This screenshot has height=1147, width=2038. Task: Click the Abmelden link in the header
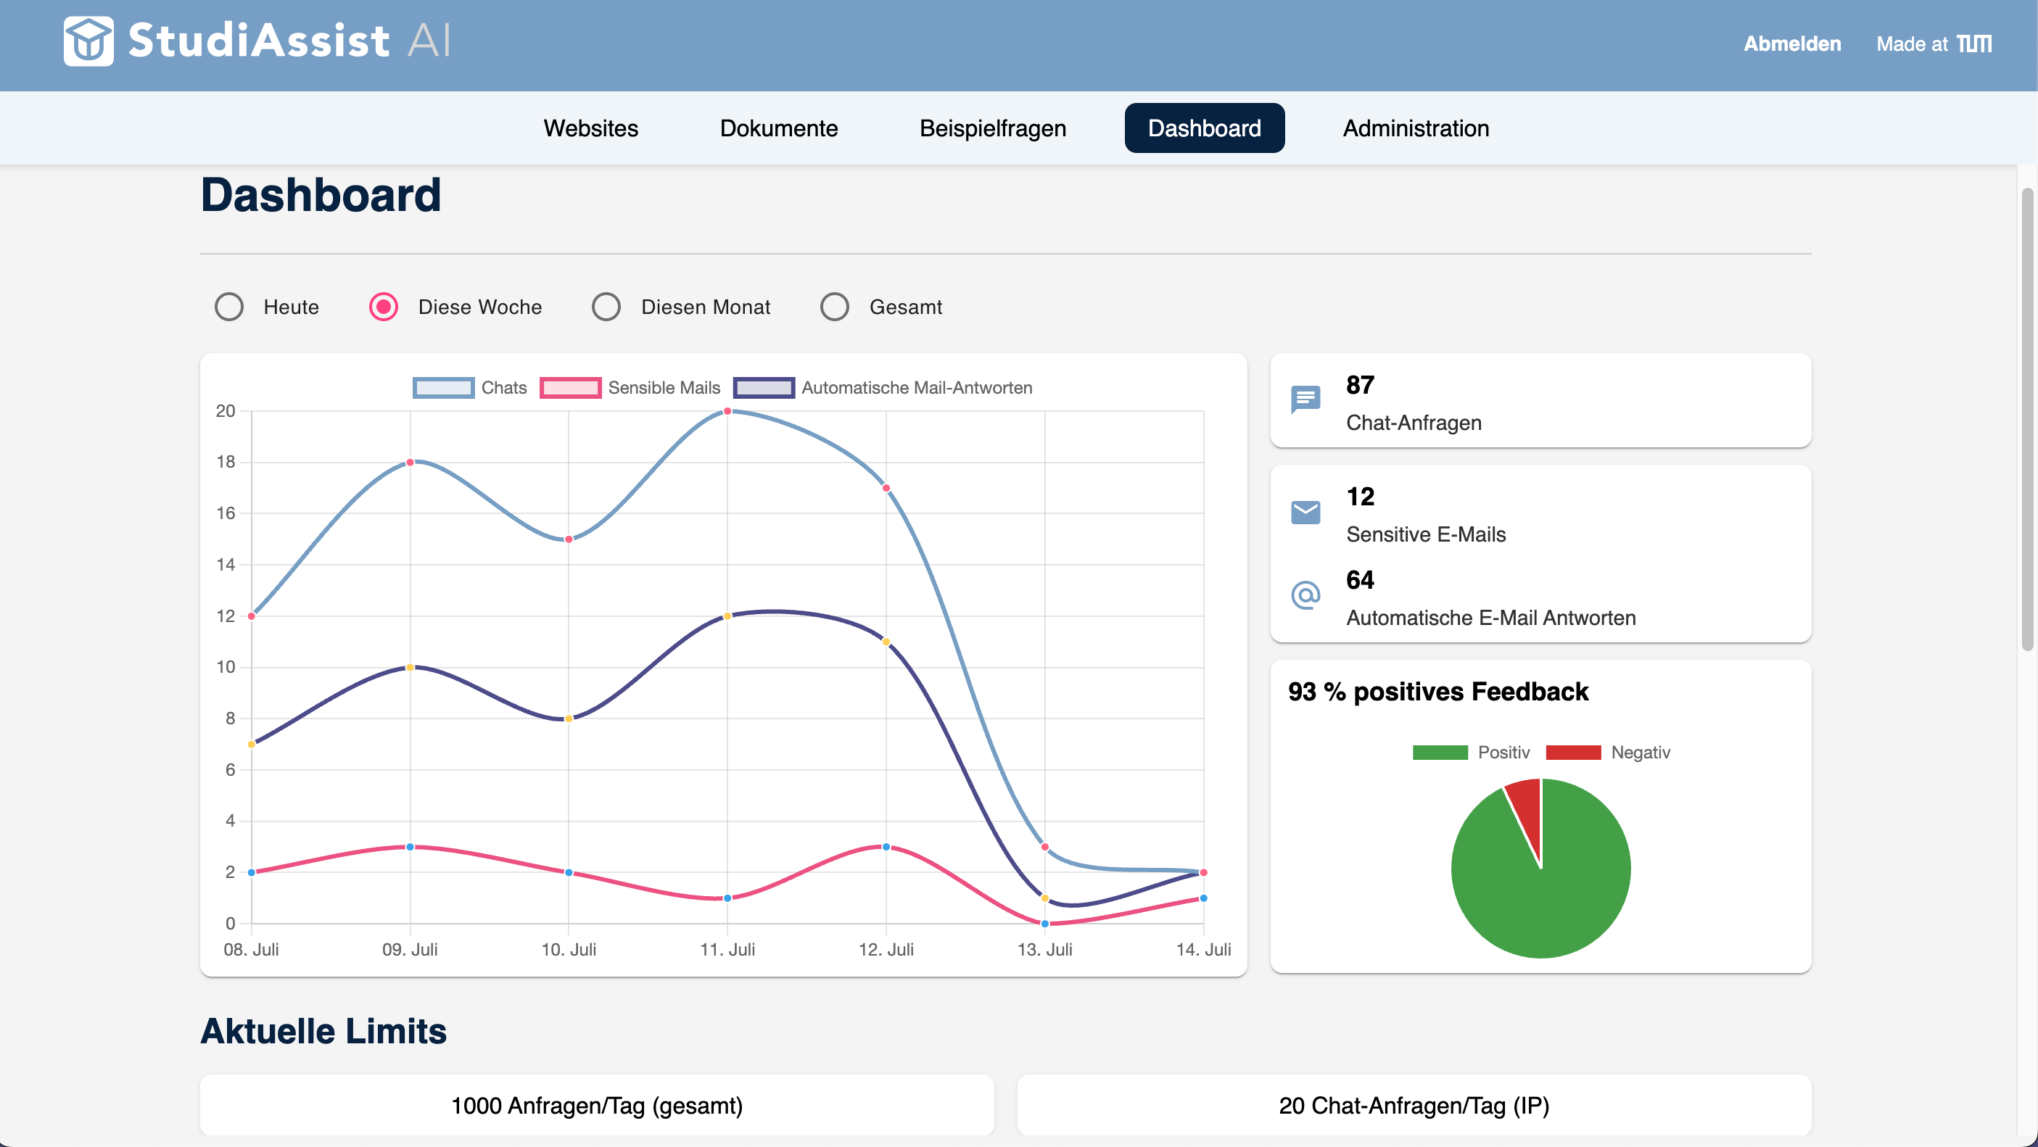click(1792, 44)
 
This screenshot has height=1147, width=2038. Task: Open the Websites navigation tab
click(590, 128)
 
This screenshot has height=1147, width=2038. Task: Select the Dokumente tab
click(778, 128)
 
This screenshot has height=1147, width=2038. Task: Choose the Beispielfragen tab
click(992, 128)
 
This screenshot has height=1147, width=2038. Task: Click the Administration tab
click(1416, 128)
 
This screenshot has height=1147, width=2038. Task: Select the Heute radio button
click(229, 307)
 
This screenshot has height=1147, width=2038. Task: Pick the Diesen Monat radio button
click(606, 307)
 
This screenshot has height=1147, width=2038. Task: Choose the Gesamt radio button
click(834, 307)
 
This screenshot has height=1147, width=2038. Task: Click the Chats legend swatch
click(443, 388)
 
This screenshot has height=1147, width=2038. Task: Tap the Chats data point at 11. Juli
click(727, 411)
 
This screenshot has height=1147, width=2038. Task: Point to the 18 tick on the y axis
click(226, 462)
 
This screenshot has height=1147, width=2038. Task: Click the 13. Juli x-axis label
click(1044, 949)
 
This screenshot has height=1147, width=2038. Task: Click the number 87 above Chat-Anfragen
click(1360, 385)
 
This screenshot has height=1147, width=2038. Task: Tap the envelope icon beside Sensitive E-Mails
click(1305, 513)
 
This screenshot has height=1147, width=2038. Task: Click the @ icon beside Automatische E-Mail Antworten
click(1305, 595)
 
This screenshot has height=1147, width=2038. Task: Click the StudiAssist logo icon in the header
click(88, 41)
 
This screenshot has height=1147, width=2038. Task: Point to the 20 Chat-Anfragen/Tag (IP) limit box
click(1414, 1105)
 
